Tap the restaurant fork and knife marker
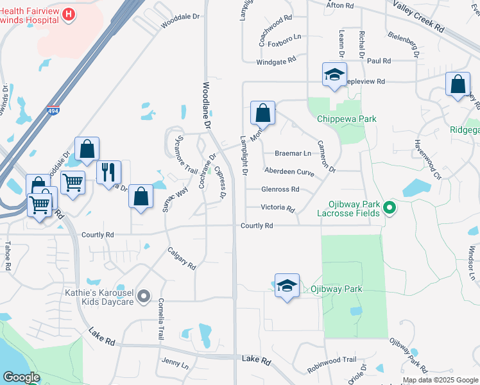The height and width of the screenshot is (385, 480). point(108,171)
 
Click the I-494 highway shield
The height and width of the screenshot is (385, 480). point(53,110)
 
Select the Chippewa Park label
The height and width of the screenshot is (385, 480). point(347,119)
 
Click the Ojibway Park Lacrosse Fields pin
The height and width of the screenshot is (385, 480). point(388,207)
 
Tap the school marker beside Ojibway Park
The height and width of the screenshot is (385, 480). point(287,286)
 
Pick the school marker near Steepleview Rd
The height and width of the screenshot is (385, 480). point(334,75)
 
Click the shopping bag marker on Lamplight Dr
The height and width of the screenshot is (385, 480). point(262,114)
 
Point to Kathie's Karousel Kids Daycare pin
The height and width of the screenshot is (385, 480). point(144,297)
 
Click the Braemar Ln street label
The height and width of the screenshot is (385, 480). point(293,153)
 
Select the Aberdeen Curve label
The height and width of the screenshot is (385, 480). point(289,172)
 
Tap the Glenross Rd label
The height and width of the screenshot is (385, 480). point(280,189)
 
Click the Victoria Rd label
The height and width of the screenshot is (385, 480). point(277,209)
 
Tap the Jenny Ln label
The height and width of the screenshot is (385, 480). point(175,364)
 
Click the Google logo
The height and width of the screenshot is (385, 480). point(21,377)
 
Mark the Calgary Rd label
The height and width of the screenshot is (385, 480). point(182,258)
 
